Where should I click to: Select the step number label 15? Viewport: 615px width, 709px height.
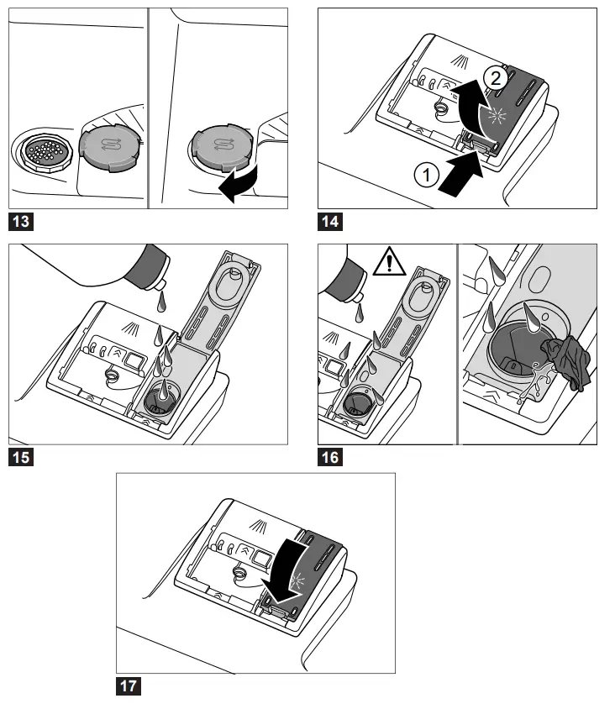(x=20, y=458)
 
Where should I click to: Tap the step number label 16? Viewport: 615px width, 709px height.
(x=330, y=458)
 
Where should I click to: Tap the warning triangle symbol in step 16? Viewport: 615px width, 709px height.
(x=389, y=264)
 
